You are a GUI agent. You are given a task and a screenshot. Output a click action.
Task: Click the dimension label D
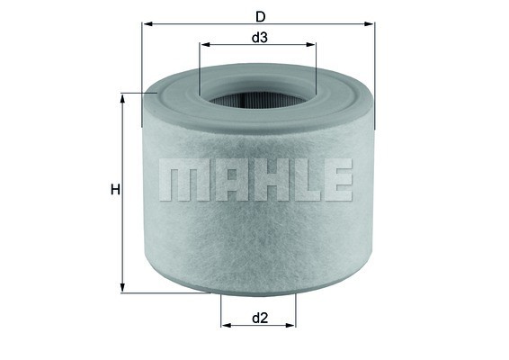259,15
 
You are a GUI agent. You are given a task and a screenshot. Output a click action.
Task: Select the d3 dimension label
258,37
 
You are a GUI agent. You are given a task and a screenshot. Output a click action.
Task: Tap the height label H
114,190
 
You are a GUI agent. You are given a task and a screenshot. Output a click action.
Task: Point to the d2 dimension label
260,317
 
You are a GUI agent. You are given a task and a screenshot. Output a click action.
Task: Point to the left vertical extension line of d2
221,315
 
